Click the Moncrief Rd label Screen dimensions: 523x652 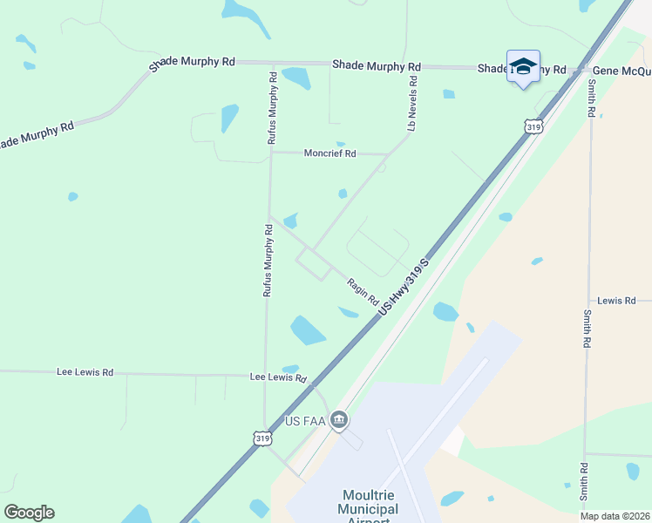[329, 153]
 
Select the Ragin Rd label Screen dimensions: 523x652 [362, 291]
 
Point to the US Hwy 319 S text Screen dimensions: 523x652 [403, 288]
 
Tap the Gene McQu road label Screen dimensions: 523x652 [621, 71]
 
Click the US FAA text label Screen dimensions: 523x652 [305, 422]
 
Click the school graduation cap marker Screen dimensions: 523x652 [523, 67]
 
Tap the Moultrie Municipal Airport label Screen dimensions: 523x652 [355, 509]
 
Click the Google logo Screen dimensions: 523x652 [29, 513]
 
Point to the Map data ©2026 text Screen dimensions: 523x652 [614, 516]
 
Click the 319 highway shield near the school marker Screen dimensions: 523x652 [534, 127]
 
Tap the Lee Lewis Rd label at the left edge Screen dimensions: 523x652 [85, 372]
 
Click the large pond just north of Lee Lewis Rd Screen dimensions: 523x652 [308, 330]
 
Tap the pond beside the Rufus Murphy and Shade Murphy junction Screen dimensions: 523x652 [296, 78]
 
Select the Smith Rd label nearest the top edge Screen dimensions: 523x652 [591, 98]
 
